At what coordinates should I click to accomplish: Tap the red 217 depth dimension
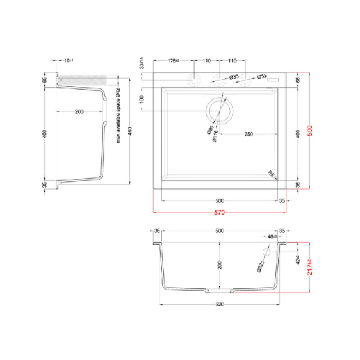tap(310, 267)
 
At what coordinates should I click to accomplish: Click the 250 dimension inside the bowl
tap(248, 134)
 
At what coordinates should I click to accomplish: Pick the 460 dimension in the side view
tap(129, 134)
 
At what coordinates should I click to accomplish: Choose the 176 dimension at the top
tap(174, 61)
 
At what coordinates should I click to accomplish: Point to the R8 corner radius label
tap(273, 173)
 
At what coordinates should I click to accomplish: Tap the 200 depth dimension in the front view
tap(220, 265)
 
